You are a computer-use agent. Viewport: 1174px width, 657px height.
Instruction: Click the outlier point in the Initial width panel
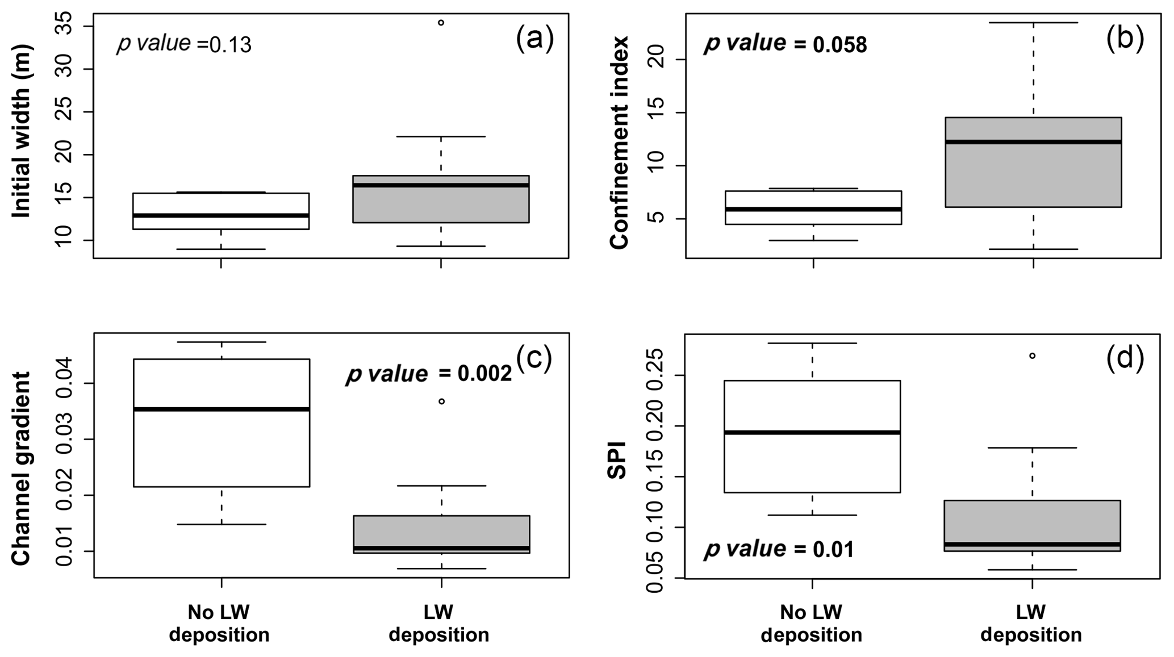pyautogui.click(x=441, y=23)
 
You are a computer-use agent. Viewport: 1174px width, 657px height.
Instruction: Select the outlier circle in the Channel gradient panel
pyautogui.click(x=441, y=401)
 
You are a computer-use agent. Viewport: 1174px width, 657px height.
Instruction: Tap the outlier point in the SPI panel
pyautogui.click(x=1032, y=355)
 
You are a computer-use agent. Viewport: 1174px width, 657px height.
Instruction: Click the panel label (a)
pyautogui.click(x=534, y=40)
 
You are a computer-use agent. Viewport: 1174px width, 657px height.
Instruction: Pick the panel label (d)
pyautogui.click(x=1125, y=359)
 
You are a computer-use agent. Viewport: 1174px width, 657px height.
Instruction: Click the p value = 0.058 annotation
pyautogui.click(x=786, y=44)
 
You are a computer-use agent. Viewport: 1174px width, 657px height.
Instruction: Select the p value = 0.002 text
pyautogui.click(x=429, y=374)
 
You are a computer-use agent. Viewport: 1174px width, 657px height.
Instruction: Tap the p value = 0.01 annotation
pyautogui.click(x=779, y=549)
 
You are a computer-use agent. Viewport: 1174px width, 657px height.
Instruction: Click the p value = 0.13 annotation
pyautogui.click(x=184, y=44)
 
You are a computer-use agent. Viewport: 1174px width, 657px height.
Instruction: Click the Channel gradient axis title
pyautogui.click(x=21, y=468)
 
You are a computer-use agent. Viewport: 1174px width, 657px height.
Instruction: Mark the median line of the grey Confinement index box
pyautogui.click(x=1033, y=142)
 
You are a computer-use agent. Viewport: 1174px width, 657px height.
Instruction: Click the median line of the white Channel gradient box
pyautogui.click(x=222, y=409)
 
